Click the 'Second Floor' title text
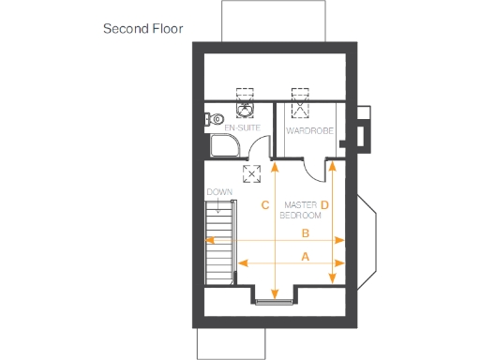pyautogui.click(x=142, y=28)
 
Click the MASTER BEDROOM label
pyautogui.click(x=302, y=209)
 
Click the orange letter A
pyautogui.click(x=306, y=255)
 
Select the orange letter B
pyautogui.click(x=306, y=232)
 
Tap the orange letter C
pyautogui.click(x=265, y=204)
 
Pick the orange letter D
pyautogui.click(x=324, y=204)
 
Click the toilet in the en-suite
pyautogui.click(x=213, y=119)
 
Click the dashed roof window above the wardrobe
pyautogui.click(x=301, y=97)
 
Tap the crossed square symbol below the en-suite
pyautogui.click(x=252, y=173)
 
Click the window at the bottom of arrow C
pyautogui.click(x=274, y=301)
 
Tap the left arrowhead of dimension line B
pyautogui.click(x=211, y=240)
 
